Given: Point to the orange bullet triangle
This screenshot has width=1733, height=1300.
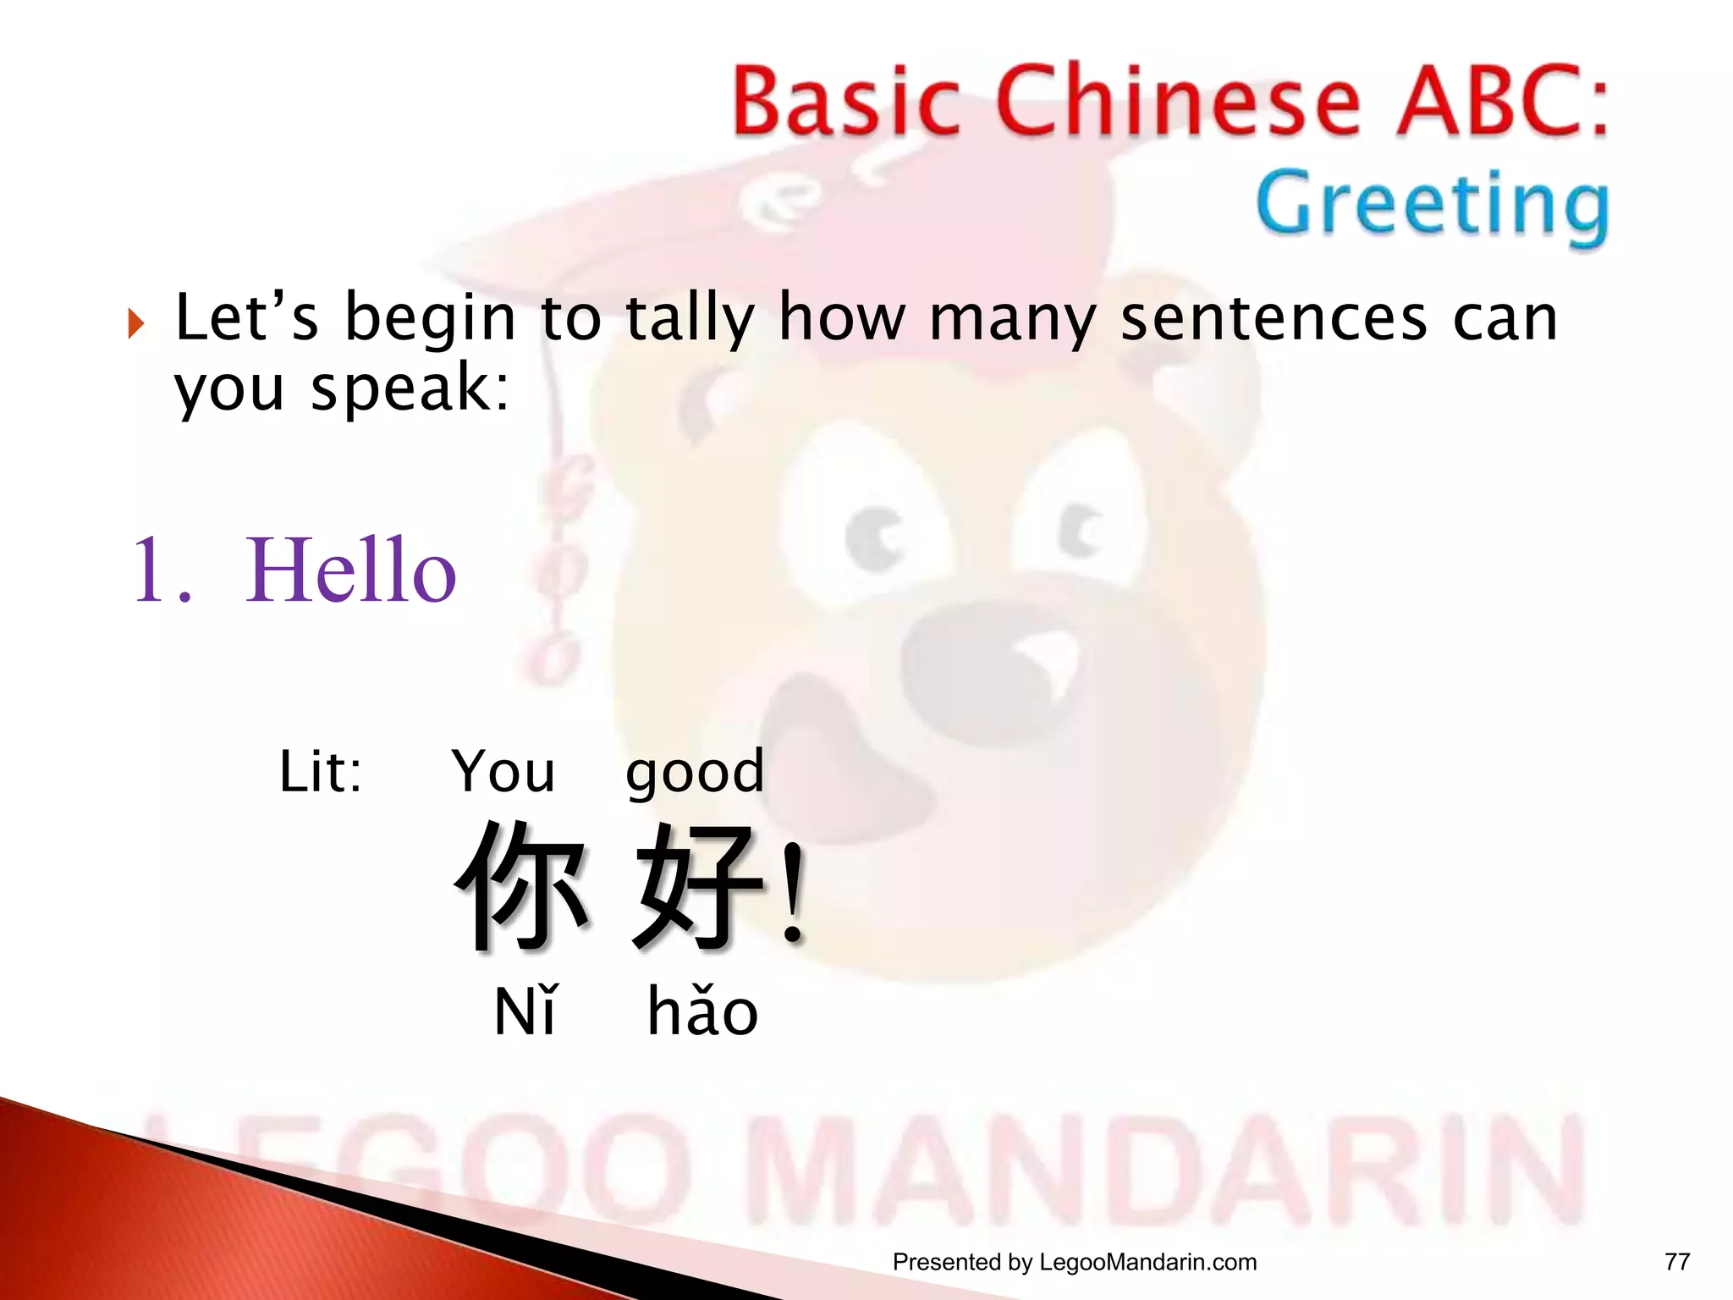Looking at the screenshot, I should coord(136,323).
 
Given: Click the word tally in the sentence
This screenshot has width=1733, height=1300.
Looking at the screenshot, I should coord(689,319).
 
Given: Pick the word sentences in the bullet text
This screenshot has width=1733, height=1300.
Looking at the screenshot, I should coord(1274,319).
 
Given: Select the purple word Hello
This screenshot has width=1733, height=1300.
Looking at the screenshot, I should coord(350,571).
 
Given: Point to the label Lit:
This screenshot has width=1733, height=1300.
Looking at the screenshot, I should coord(321,772).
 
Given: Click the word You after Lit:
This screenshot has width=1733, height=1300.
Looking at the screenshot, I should coord(503,772).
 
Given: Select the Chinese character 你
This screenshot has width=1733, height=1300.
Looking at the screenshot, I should coord(522,884).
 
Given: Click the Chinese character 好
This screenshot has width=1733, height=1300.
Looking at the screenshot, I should coord(698,884).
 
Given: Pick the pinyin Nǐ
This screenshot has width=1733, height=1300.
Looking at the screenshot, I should coord(525,1011).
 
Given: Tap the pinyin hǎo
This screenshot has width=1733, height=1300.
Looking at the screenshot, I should coord(702,1011).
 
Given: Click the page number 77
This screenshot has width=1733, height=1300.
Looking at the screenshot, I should coord(1676,1262).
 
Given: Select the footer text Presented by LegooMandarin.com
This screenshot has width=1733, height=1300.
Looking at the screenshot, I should coord(1075,1262).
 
